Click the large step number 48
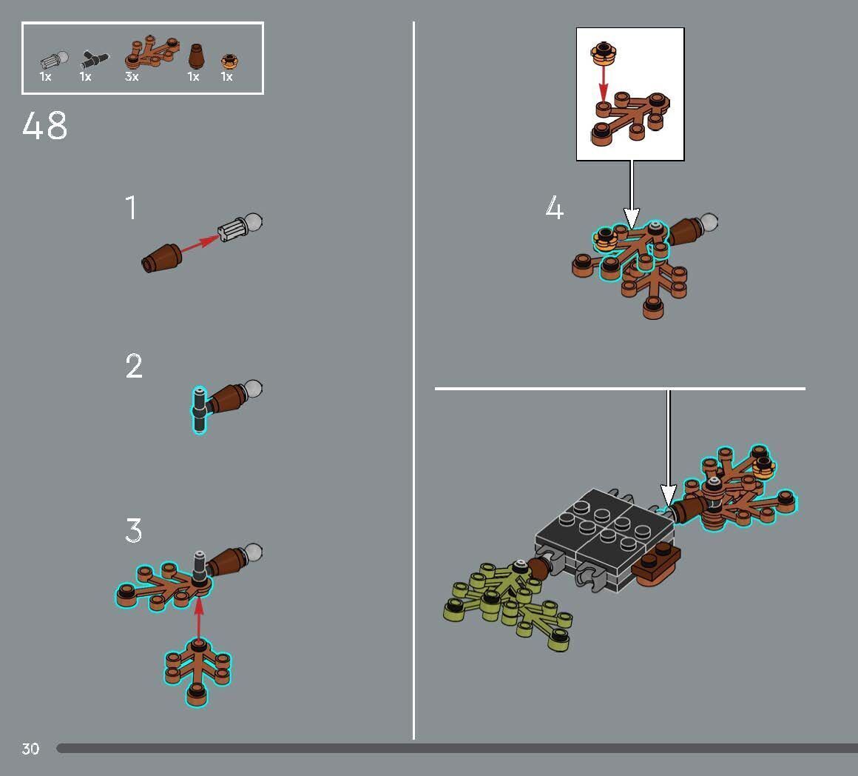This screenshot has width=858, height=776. [x=45, y=125]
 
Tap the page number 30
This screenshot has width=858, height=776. [x=30, y=749]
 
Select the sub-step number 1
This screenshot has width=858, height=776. [x=131, y=207]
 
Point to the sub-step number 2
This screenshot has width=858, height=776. [x=134, y=366]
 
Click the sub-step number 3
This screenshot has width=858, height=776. [x=134, y=530]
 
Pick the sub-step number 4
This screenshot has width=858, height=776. [x=554, y=207]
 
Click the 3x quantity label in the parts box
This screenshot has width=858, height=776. [x=132, y=77]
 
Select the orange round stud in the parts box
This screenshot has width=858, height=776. [x=230, y=60]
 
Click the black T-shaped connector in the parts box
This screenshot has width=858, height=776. [x=94, y=59]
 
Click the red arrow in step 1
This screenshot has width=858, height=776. [x=199, y=244]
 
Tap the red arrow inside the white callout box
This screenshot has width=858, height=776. [x=603, y=84]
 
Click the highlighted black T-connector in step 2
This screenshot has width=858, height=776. [x=200, y=409]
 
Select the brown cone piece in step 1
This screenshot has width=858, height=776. [x=161, y=258]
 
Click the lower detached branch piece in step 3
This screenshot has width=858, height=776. [x=197, y=671]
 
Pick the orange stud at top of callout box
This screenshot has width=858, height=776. [x=603, y=53]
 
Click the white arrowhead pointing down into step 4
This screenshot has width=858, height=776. [x=632, y=218]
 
